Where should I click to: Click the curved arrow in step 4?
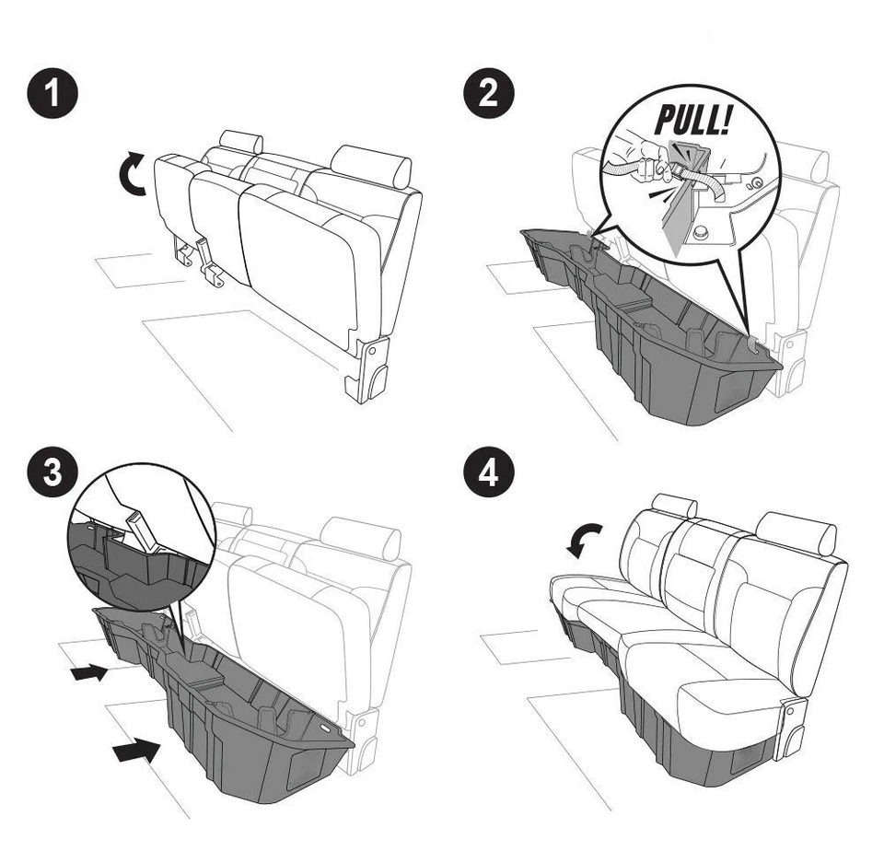tap(583, 540)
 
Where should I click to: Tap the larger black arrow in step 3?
tap(133, 752)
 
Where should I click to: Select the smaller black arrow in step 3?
tap(88, 674)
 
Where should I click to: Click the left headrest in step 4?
tap(673, 505)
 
